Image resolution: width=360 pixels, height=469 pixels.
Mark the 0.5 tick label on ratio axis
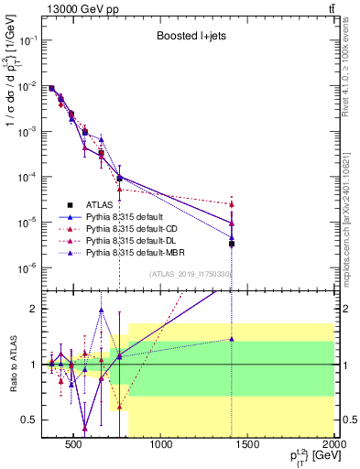click(x=32, y=420)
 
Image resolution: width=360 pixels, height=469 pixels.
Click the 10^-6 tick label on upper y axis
click(x=29, y=267)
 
